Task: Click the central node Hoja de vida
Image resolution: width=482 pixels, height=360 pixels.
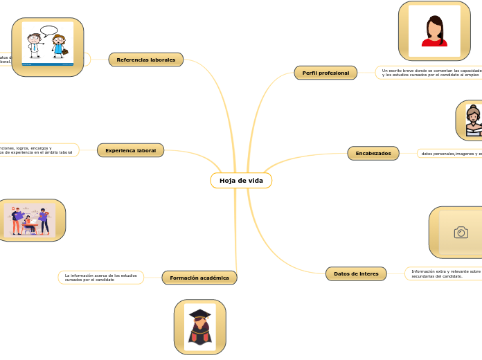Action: [x=241, y=181]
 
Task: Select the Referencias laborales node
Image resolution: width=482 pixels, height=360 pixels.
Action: [x=146, y=60]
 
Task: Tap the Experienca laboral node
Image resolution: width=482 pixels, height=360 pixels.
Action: [x=130, y=150]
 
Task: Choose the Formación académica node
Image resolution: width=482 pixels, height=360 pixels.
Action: [x=199, y=278]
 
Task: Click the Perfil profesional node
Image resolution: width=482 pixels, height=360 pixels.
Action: [x=325, y=73]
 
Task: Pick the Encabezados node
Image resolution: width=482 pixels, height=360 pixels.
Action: [x=373, y=153]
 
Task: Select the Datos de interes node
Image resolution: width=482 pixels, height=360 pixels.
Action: [x=356, y=274]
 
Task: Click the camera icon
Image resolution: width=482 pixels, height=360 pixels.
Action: [x=461, y=233]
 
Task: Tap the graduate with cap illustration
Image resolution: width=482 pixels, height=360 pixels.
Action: [x=200, y=327]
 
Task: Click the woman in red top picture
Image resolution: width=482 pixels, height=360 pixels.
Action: [x=434, y=31]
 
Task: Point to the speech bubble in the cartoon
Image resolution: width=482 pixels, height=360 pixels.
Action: [x=48, y=30]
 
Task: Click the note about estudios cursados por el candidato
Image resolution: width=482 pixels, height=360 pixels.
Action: [x=101, y=278]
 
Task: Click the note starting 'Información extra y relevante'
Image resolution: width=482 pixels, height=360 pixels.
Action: [x=445, y=273]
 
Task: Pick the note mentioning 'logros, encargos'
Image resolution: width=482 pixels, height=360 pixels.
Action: [x=38, y=150]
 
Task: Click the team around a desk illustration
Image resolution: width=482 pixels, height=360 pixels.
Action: [x=30, y=220]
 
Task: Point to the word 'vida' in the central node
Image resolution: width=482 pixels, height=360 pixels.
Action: [x=256, y=181]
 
